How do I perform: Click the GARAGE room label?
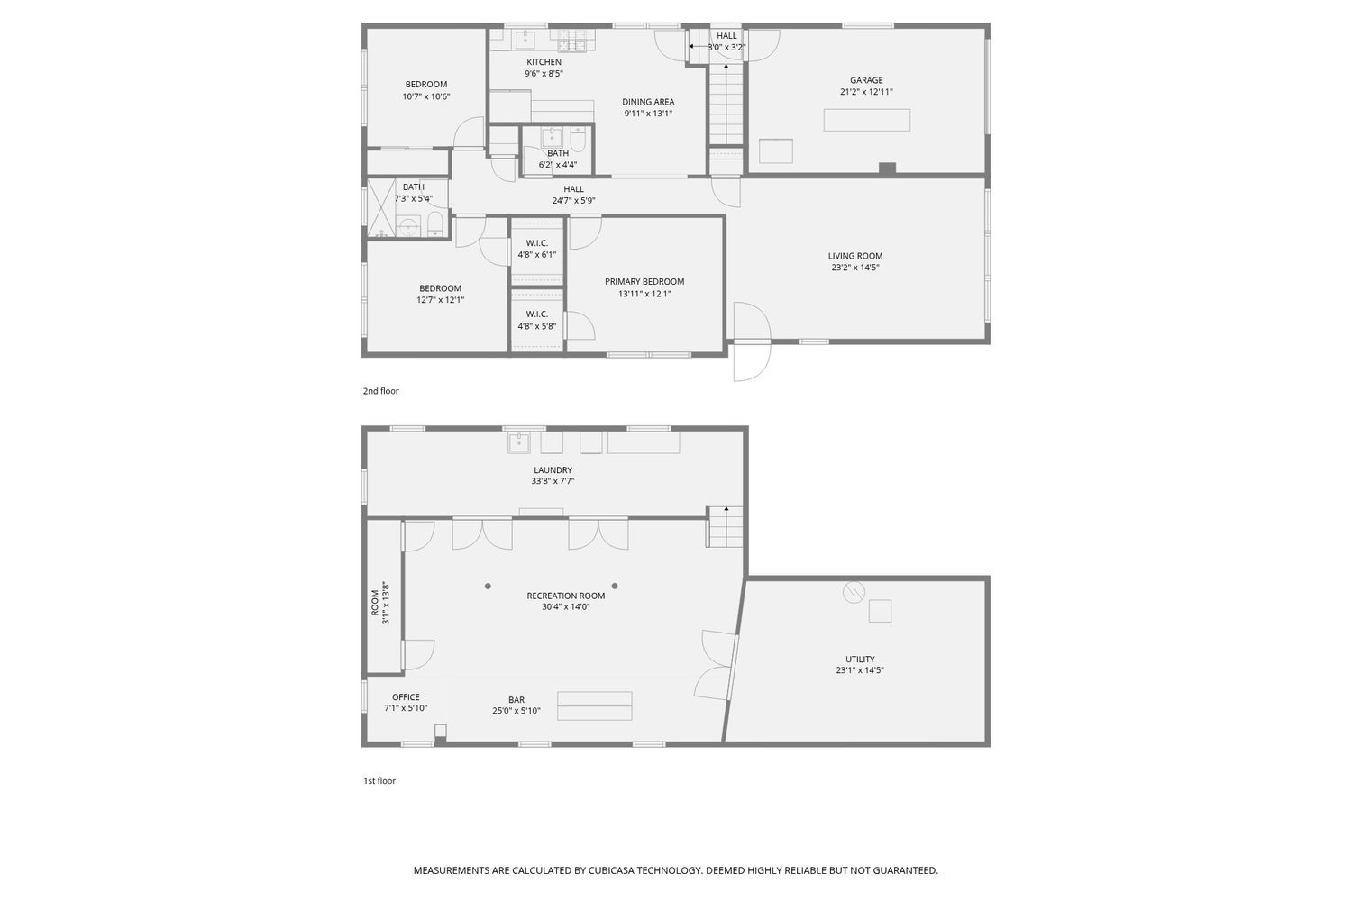click(866, 80)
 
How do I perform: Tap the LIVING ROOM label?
click(855, 256)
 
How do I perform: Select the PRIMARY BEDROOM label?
click(644, 281)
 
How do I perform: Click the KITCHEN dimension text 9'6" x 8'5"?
click(544, 74)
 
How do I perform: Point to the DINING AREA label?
click(648, 102)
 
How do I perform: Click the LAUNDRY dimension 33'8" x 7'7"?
click(553, 481)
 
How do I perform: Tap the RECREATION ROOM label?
click(566, 596)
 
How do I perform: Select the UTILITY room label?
click(860, 659)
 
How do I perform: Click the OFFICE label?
click(406, 696)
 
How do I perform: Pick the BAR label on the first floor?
click(516, 699)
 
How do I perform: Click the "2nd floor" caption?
click(380, 391)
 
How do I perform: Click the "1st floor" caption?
click(379, 781)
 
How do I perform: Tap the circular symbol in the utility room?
click(853, 592)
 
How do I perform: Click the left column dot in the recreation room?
click(488, 586)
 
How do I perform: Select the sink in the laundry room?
click(520, 442)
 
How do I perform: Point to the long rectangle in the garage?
click(866, 120)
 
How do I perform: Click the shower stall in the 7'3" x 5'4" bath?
click(380, 207)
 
